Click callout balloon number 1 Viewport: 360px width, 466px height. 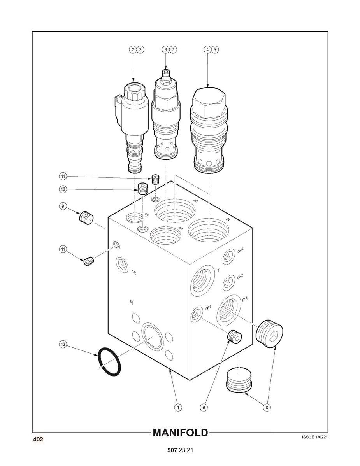click(178, 407)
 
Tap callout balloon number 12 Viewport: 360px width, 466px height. click(63, 345)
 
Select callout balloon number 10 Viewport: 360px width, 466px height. click(63, 189)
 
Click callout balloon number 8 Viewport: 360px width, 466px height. click(267, 407)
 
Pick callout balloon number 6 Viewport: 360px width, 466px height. click(166, 50)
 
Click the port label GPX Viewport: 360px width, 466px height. click(241, 250)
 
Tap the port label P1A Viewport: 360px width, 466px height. click(245, 300)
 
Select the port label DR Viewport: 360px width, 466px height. click(133, 272)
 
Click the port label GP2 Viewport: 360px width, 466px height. click(240, 277)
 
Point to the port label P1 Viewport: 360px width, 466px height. click(132, 303)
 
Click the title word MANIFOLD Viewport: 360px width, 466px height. click(180, 433)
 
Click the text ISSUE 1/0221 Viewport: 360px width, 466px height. click(314, 437)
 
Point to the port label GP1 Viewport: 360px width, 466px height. click(208, 308)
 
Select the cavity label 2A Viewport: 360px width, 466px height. click(228, 219)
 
